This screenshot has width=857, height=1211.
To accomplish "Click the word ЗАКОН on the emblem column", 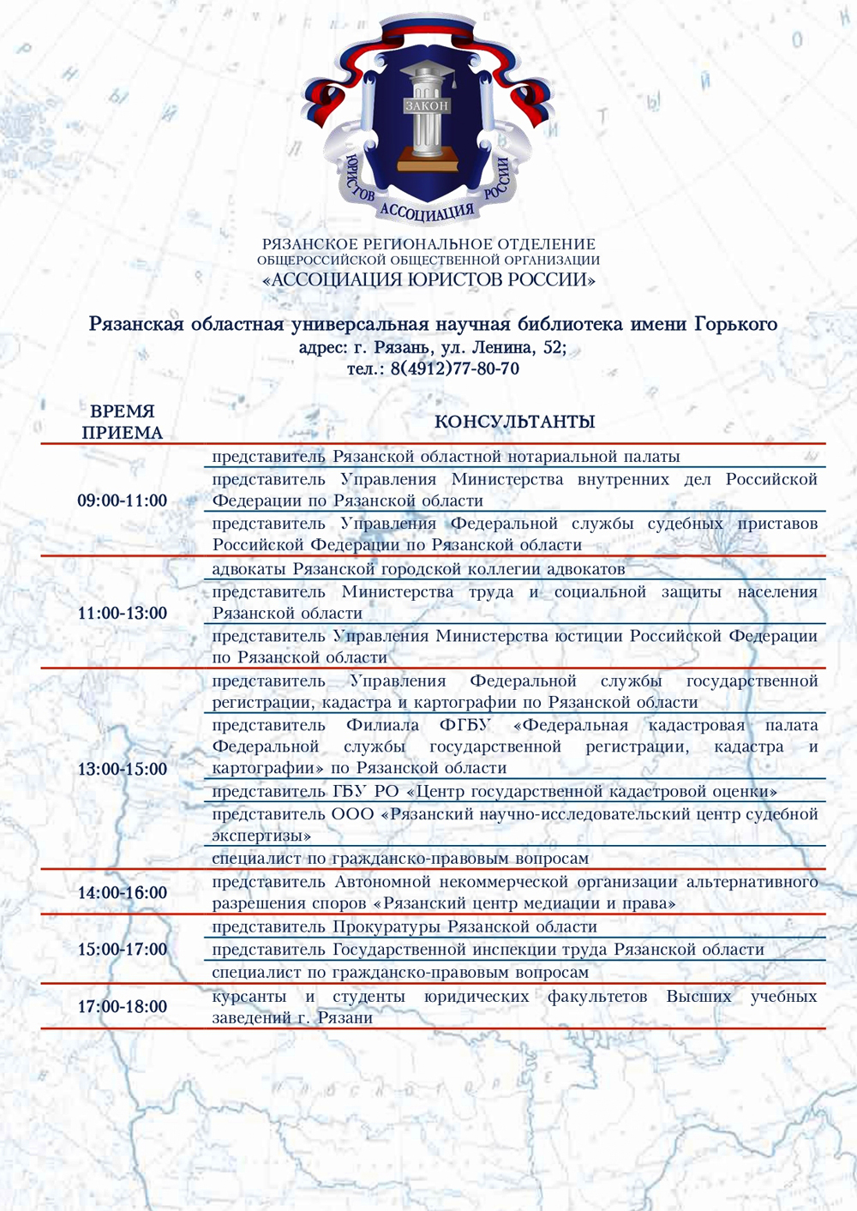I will (x=426, y=105).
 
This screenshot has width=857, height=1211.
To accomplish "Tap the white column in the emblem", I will (x=426, y=129).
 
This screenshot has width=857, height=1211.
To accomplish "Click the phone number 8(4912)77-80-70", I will (x=454, y=369).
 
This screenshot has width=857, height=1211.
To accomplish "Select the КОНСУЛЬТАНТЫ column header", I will (x=514, y=422).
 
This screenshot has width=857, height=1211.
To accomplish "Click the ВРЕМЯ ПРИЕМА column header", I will (x=122, y=422).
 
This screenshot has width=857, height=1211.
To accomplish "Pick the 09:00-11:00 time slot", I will (x=122, y=501).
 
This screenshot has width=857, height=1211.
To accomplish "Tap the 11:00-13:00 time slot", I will (x=122, y=614).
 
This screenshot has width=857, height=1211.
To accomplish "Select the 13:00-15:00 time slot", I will (x=122, y=770).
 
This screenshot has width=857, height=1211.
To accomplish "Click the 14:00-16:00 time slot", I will (x=122, y=893).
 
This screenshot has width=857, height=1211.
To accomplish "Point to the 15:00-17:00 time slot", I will (x=122, y=950).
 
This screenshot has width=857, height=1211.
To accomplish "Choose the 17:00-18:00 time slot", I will (x=122, y=1007).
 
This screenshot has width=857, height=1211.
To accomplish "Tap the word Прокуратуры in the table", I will (x=386, y=927).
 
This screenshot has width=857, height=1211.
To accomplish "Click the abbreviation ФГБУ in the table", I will (x=465, y=726).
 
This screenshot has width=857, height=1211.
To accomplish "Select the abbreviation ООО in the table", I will (x=352, y=814).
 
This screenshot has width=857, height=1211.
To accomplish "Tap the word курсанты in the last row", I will (x=249, y=997).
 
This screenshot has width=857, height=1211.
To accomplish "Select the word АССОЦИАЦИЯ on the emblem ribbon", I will (x=426, y=210).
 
